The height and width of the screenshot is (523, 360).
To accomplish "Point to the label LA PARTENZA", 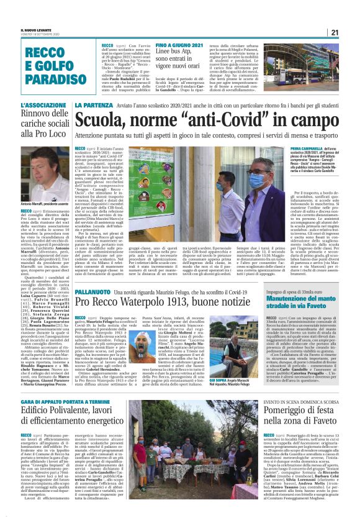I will point(92,106).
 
